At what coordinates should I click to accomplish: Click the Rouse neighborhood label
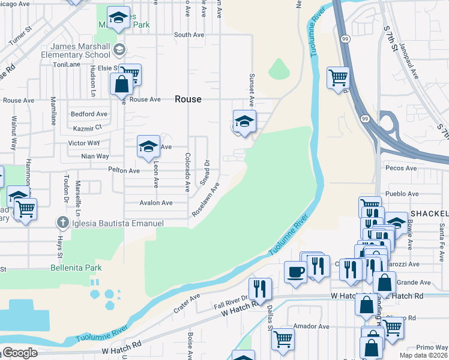[x=188, y=99]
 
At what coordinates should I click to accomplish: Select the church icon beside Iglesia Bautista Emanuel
[x=62, y=223]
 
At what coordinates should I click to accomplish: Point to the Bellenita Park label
[x=76, y=268]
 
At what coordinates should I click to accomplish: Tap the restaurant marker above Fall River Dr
[x=259, y=288]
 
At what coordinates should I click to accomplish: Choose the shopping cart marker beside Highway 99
[x=338, y=77]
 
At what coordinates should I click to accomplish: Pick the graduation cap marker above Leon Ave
[x=148, y=145]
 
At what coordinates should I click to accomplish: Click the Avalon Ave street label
[x=156, y=203]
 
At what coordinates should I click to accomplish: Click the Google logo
[x=19, y=353]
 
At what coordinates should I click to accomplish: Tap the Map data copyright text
[x=422, y=355]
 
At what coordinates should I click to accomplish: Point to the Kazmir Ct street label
[x=86, y=128]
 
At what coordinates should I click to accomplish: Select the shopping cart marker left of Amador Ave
[x=282, y=339]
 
